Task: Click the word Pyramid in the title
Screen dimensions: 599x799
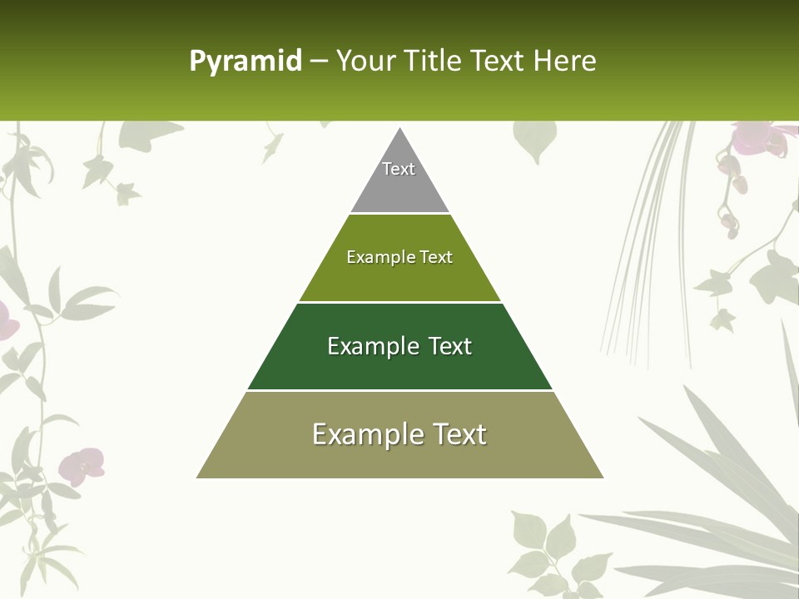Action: tap(245, 61)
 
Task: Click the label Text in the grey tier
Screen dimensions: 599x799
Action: tap(399, 169)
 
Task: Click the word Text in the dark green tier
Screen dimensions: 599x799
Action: tap(450, 346)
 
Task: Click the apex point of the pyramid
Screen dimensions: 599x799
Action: tap(400, 129)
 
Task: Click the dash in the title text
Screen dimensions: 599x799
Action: tap(319, 62)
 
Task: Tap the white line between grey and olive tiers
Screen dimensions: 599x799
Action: tap(399, 213)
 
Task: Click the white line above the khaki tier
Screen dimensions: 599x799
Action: tap(399, 390)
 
